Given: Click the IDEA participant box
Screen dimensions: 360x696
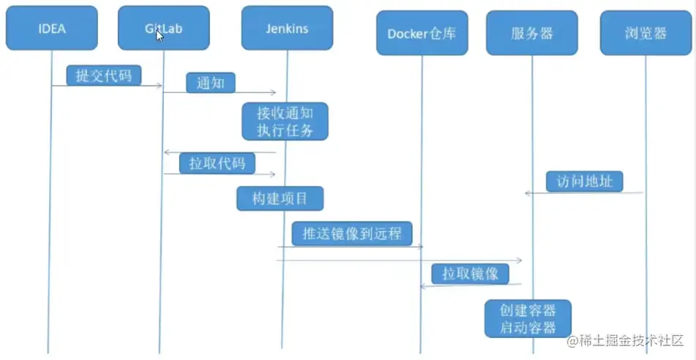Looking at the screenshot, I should click(x=51, y=28).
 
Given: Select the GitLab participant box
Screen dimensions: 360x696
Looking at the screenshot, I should click(x=163, y=28).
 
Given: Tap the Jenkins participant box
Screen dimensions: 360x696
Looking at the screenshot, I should click(x=287, y=28).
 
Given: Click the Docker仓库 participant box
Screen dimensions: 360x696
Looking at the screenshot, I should click(x=422, y=34).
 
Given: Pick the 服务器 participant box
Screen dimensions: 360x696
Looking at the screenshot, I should click(x=532, y=34).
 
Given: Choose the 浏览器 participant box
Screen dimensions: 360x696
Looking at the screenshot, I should click(x=646, y=34).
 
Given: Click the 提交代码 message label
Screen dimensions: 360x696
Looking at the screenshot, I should click(x=103, y=75).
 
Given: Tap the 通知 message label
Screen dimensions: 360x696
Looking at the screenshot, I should click(x=211, y=83).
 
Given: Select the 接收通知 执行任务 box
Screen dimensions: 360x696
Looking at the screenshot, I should click(x=285, y=121).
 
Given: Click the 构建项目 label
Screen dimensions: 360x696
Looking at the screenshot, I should click(x=280, y=198).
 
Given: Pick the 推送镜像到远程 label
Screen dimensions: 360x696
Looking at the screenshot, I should click(x=352, y=233).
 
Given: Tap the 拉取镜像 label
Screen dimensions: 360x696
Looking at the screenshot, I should click(x=470, y=274).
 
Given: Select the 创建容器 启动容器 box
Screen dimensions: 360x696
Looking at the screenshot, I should click(x=528, y=318).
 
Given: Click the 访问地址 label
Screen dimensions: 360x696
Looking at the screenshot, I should click(x=584, y=181).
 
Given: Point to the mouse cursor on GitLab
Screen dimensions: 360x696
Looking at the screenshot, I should click(x=160, y=35).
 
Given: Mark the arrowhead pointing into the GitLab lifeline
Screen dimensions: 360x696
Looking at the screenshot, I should click(x=166, y=152).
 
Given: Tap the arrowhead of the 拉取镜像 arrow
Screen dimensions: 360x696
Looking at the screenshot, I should click(x=422, y=286).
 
